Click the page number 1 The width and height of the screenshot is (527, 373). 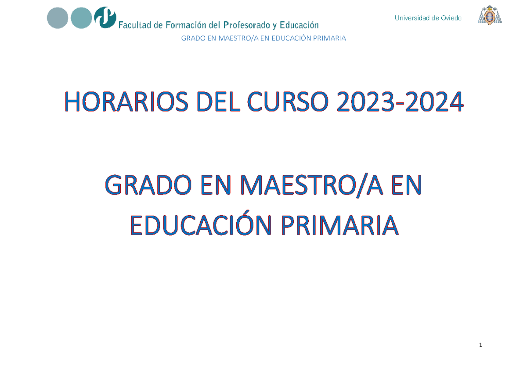(480, 345)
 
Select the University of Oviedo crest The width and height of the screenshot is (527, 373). (490, 15)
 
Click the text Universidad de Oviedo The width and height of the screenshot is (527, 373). (428, 18)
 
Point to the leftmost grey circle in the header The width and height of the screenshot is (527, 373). (58, 18)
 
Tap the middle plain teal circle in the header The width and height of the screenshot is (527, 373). (81, 18)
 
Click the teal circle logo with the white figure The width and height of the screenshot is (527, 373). (105, 18)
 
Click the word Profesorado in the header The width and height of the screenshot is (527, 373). (248, 25)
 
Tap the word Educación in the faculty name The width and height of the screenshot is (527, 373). (299, 25)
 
